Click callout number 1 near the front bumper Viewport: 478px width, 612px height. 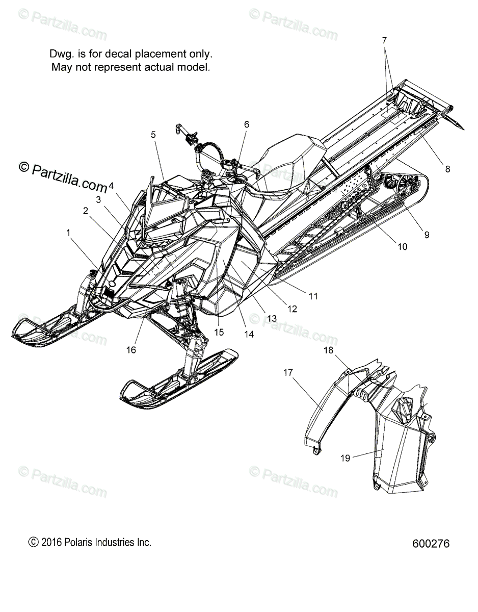(68, 233)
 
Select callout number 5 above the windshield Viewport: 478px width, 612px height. (153, 135)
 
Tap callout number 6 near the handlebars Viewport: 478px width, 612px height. (247, 124)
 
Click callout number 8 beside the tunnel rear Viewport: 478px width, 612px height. (447, 169)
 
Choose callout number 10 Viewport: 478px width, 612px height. (402, 246)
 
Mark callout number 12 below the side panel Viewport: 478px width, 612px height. (293, 309)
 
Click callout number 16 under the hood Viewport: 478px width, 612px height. (131, 350)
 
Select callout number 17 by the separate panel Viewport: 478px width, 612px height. (288, 373)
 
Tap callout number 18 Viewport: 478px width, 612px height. (329, 350)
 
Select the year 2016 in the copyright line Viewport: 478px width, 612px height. (51, 542)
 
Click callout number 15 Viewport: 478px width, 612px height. (219, 332)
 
